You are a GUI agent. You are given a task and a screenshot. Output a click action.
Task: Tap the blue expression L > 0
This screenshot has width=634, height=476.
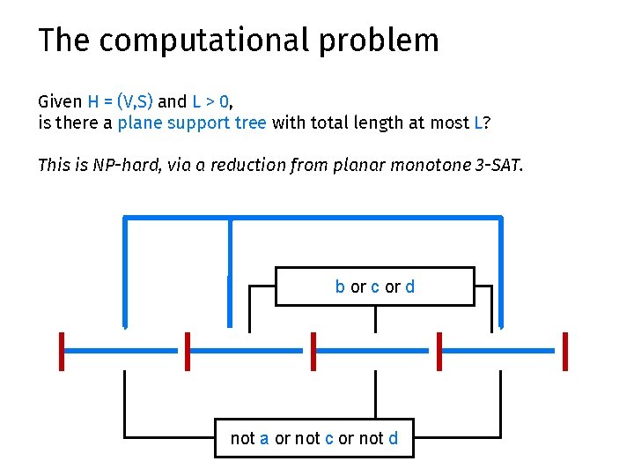click(x=210, y=101)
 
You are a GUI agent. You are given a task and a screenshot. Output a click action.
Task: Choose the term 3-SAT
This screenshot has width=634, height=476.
click(x=499, y=165)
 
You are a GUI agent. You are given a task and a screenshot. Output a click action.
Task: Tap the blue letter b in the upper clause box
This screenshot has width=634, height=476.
click(x=340, y=286)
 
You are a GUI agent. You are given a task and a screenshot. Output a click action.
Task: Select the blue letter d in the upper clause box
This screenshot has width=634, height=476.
click(x=410, y=286)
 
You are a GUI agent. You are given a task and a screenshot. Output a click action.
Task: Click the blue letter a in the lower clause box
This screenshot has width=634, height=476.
click(x=264, y=438)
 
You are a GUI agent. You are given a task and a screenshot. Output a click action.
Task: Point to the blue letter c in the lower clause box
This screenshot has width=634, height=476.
click(x=328, y=438)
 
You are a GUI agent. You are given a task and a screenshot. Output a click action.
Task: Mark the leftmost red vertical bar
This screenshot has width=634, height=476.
click(x=62, y=351)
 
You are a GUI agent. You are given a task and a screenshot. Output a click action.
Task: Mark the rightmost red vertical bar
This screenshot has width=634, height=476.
click(x=564, y=351)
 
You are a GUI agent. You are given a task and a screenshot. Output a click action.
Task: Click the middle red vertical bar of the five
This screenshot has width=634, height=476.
click(x=313, y=351)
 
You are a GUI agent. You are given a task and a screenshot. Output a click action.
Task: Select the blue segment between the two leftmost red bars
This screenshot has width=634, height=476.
click(x=124, y=351)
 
